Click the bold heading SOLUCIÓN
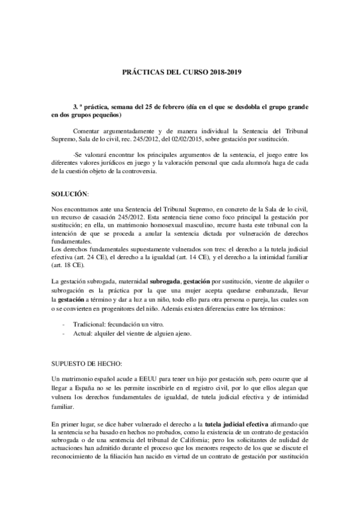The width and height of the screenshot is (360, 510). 69,195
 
